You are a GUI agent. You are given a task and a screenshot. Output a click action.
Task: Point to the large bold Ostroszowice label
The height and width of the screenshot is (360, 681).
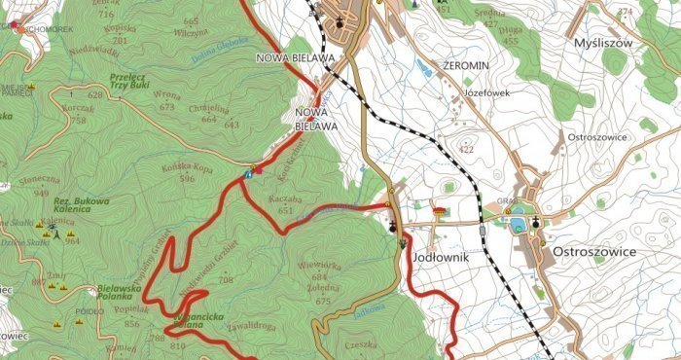[593, 251]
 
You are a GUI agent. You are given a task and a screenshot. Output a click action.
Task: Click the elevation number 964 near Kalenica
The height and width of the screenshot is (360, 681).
[71, 240]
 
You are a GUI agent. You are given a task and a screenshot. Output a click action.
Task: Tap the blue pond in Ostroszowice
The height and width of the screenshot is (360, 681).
[518, 225]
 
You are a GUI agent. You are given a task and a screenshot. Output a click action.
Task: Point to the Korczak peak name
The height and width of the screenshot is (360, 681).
[79, 109]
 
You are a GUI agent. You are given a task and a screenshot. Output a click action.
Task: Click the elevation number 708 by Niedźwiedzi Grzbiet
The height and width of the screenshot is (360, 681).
[227, 280]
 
